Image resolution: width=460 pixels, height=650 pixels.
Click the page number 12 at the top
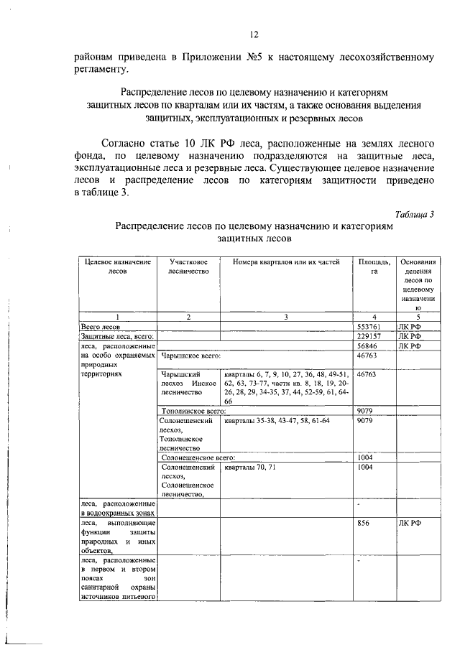pos(253,34)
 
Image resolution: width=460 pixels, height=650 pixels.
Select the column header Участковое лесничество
pos(188,266)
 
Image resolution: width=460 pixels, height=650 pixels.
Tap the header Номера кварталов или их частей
pos(286,262)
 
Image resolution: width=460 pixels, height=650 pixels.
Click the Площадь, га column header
pos(374,266)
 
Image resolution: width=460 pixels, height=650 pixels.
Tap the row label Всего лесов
pos(105,326)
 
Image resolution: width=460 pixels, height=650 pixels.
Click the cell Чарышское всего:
pos(190,355)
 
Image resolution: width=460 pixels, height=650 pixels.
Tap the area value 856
pos(363,524)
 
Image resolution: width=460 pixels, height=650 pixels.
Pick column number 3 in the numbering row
pos(285,317)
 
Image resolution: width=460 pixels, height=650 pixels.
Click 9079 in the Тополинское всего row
pos(365,411)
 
